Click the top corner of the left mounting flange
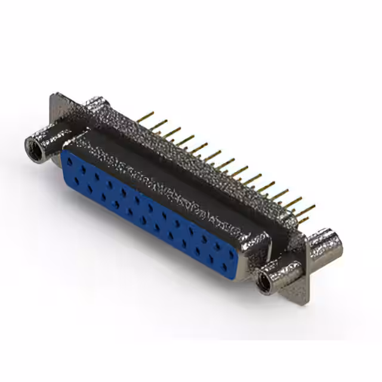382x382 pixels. coord(56,95)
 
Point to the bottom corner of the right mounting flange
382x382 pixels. coord(306,301)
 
